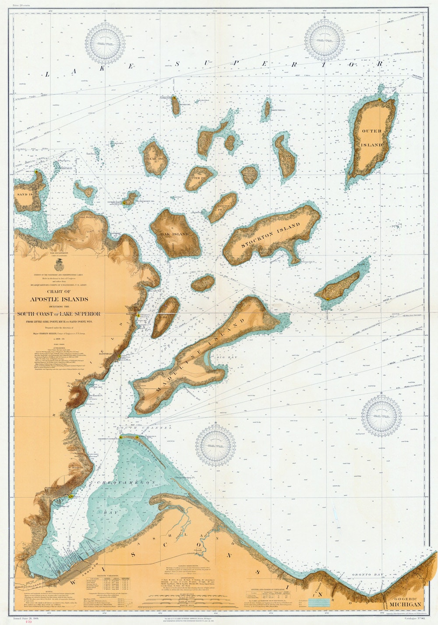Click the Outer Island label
[x=372, y=137]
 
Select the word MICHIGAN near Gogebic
[x=405, y=604]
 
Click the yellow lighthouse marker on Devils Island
[x=174, y=99]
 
